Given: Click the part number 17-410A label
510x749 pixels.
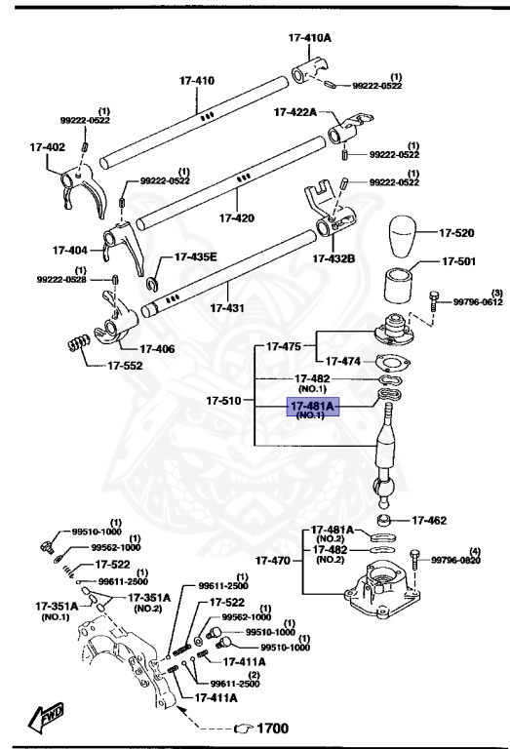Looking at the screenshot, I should coord(310,38).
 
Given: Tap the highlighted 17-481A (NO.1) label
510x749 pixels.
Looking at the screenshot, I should coord(311,409).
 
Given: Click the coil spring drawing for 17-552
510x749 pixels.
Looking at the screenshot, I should coord(78,343).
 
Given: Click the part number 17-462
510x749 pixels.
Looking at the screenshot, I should coord(428,521).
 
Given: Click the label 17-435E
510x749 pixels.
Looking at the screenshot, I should coord(196,257).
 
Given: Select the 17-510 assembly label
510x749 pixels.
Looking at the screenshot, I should coord(224,401).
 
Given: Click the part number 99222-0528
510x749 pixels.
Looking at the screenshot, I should coord(61,280).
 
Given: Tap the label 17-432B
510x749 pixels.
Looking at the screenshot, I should coord(333,258).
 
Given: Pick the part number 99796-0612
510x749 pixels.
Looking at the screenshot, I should coord(478,302).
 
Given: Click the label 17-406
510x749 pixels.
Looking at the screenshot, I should coord(157,347).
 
